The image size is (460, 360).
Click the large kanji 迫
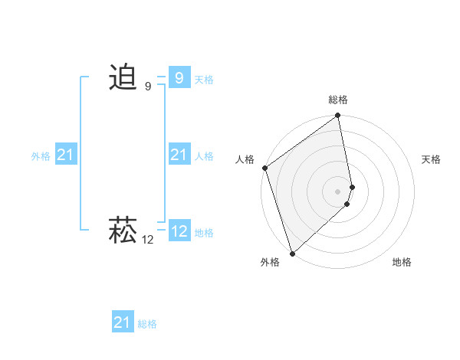pos(123,78)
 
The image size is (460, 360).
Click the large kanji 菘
pos(123,230)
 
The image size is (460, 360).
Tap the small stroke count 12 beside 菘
pos(148,240)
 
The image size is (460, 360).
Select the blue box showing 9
pos(179,78)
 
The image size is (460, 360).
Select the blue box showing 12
pos(179,231)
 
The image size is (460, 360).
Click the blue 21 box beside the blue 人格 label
pos(179,155)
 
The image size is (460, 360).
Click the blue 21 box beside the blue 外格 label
pos(65,155)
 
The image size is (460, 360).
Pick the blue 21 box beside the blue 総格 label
pos(122,322)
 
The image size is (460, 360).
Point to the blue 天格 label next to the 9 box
pos(204,79)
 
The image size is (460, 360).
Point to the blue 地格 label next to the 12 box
pos(204,232)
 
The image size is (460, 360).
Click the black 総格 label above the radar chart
pos(338,100)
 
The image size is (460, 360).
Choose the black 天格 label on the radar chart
pos(432,159)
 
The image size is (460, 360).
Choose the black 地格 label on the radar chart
pos(402,262)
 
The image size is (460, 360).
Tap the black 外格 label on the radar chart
pos(270,262)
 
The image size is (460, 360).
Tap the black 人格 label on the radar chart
pos(245,159)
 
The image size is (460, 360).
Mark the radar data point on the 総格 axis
pos(338,116)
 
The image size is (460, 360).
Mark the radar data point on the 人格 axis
pos(264,168)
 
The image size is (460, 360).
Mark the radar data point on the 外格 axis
pos(292,253)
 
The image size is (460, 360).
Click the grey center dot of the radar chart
pos(338,191)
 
